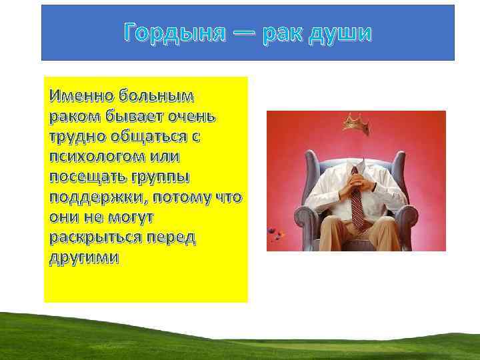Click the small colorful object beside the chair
[275, 234]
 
